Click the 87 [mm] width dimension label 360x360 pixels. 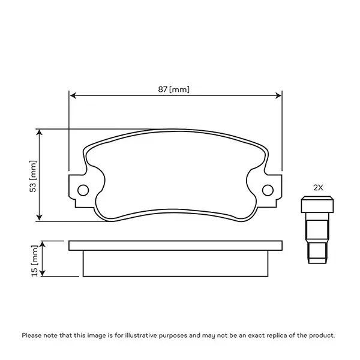pos(174,89)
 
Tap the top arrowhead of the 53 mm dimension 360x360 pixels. pos(40,132)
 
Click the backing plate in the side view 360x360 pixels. pos(175,245)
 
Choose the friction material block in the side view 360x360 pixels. pos(175,263)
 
